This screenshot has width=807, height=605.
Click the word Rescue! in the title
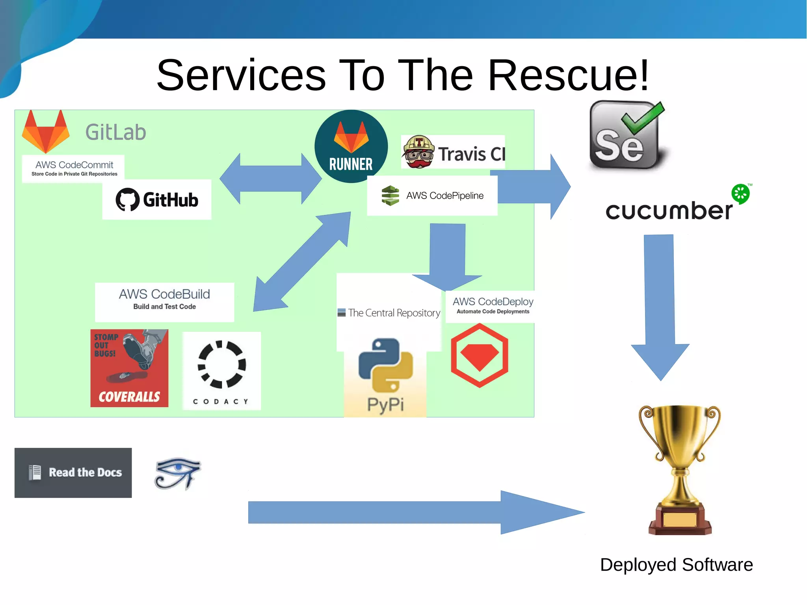(x=568, y=75)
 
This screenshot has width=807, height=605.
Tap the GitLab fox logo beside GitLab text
(x=46, y=132)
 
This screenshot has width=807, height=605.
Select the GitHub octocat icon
(x=127, y=199)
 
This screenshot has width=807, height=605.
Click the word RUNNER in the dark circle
(x=351, y=164)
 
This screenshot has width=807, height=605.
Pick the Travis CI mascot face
(x=418, y=152)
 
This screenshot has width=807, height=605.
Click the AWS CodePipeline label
(x=444, y=196)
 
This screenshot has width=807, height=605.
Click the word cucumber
(x=669, y=211)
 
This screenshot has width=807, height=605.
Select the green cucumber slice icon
(x=740, y=194)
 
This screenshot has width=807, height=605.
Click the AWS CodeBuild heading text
(x=164, y=294)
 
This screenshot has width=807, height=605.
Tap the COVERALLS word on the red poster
(x=129, y=397)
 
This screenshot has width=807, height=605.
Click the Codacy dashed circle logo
(x=222, y=364)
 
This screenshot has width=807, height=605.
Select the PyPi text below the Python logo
(x=385, y=404)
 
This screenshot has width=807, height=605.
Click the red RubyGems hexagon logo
(x=480, y=355)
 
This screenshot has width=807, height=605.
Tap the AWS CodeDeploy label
(x=493, y=302)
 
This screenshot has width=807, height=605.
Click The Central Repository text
(x=394, y=313)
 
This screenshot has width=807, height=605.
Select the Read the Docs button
(x=73, y=473)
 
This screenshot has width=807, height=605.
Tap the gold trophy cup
(x=679, y=445)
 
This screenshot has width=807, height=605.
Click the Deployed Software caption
(x=676, y=564)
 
